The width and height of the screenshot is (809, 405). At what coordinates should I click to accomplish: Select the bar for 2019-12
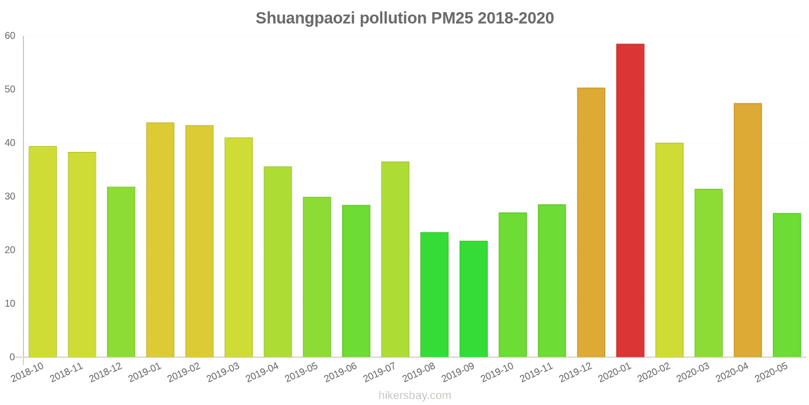pyautogui.click(x=591, y=223)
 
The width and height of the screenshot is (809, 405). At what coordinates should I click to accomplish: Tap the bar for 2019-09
pyautogui.click(x=473, y=299)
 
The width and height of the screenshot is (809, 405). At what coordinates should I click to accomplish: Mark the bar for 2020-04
pyautogui.click(x=747, y=230)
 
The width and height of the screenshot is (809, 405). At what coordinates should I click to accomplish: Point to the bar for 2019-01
pyautogui.click(x=160, y=240)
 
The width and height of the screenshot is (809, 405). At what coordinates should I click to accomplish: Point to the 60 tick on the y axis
pyautogui.click(x=10, y=36)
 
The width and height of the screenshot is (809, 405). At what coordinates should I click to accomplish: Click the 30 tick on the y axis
pyautogui.click(x=10, y=196)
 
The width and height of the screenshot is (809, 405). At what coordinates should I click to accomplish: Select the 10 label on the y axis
pyautogui.click(x=10, y=304)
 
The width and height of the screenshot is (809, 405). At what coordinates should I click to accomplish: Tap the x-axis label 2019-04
pyautogui.click(x=262, y=373)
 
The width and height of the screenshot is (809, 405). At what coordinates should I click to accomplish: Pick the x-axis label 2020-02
pyautogui.click(x=653, y=373)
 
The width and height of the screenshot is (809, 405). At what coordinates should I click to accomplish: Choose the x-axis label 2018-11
pyautogui.click(x=66, y=373)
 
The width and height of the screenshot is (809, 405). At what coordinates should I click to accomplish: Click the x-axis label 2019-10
pyautogui.click(x=497, y=373)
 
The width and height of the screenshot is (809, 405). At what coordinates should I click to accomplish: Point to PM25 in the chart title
pyautogui.click(x=452, y=18)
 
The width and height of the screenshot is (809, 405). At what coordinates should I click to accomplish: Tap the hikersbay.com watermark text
pyautogui.click(x=415, y=395)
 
